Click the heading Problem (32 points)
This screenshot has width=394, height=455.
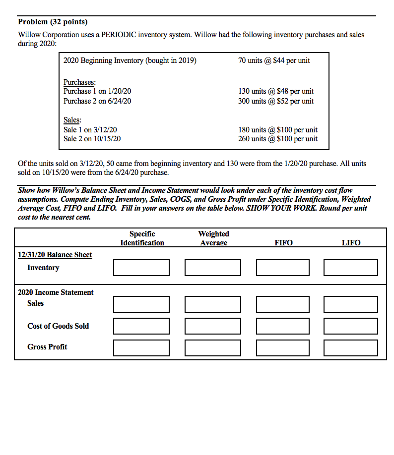53,22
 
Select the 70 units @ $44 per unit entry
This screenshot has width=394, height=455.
274,60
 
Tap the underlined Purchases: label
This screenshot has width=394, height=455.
79,82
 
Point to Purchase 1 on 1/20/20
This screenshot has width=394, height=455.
97,91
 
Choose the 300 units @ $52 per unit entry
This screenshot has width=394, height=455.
276,101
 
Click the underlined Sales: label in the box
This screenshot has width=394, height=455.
72,120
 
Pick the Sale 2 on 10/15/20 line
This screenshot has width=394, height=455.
92,139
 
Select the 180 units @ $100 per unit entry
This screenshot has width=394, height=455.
278,130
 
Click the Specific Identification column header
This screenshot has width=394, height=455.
142,238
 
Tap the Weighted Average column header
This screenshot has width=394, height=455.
213,238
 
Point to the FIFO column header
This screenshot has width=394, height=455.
283,242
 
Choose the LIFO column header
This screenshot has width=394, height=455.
351,242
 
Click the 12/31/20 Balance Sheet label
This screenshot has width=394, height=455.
55,255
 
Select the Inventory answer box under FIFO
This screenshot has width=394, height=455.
283,268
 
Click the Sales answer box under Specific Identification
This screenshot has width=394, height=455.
141,304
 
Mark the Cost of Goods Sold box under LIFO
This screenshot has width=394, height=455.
350,326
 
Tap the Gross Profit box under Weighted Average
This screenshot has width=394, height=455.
213,347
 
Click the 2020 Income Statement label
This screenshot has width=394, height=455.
56,292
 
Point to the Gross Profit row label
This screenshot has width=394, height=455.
47,347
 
